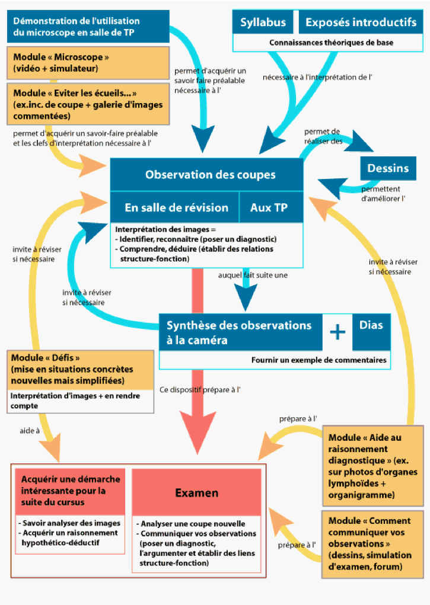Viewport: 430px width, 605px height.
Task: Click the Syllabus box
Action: tap(263, 23)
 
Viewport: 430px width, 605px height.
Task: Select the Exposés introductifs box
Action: tap(361, 23)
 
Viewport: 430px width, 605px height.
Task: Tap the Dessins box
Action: tap(388, 168)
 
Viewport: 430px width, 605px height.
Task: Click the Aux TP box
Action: tap(269, 207)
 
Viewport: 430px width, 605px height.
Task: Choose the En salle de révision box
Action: tap(176, 207)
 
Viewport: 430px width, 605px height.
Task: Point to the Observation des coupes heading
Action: tap(210, 175)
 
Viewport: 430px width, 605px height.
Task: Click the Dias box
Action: tap(371, 325)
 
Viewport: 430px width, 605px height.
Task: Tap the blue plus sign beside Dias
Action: tap(337, 332)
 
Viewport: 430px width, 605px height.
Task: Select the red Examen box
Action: tap(196, 493)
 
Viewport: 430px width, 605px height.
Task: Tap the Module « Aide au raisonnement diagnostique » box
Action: tap(372, 466)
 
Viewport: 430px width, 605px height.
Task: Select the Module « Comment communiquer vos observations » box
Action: tap(372, 543)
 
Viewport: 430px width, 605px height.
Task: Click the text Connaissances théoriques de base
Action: tap(331, 43)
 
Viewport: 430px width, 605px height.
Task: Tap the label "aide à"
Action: tap(28, 431)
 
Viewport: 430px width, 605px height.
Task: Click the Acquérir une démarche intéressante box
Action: tap(71, 490)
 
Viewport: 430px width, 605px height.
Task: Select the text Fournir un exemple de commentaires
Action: tap(319, 360)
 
